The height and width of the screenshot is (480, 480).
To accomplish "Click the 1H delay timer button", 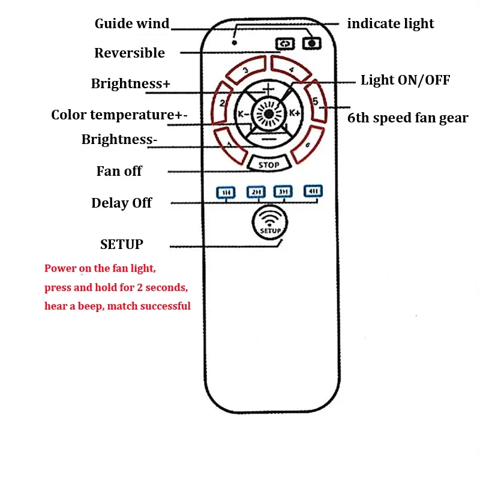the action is point(226,193).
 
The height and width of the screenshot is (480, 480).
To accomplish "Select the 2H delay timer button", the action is point(256,192).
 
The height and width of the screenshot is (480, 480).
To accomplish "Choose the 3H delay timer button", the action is point(283,191).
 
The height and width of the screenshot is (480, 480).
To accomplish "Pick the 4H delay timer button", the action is point(313,191).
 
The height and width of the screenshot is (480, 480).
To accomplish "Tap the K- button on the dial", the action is point(243,114).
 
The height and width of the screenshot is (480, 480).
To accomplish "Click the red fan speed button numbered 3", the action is point(246,70).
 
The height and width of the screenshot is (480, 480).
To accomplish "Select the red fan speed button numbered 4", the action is point(291,69).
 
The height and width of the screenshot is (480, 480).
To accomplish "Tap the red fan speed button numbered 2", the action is point(221,103).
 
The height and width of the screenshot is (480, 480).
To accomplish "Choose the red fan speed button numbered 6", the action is point(307,144).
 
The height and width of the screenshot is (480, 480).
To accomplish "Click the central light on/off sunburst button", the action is point(269,114).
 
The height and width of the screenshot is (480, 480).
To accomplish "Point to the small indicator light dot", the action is point(235,43).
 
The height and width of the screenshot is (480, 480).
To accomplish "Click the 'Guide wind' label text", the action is point(132,23).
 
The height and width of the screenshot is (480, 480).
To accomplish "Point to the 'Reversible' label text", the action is point(130,53).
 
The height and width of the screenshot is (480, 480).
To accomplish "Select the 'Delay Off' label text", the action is point(122,203).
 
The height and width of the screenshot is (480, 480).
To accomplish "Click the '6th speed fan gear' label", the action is point(408,118).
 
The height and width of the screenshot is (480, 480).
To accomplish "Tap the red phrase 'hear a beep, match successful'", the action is point(118,306).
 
